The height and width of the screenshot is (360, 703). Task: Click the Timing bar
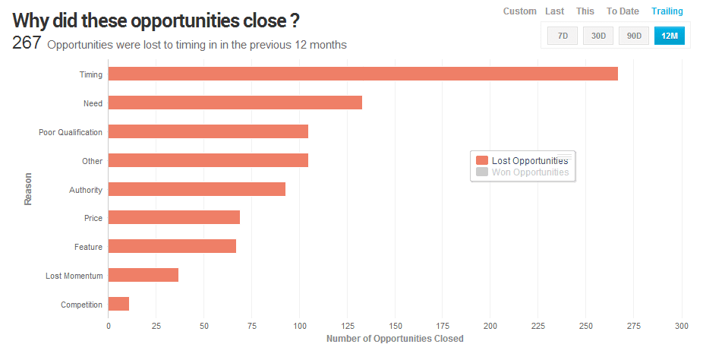pyautogui.click(x=363, y=74)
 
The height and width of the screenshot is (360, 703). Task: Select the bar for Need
pyautogui.click(x=235, y=103)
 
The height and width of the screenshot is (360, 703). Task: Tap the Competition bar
pyautogui.click(x=118, y=304)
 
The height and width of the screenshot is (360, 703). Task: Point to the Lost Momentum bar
pyautogui.click(x=143, y=275)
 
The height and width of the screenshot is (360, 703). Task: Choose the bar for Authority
pyautogui.click(x=197, y=189)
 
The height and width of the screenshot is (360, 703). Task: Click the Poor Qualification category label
pyautogui.click(x=71, y=132)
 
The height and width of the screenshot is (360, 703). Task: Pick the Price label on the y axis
pyautogui.click(x=93, y=218)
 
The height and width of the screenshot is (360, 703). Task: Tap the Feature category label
pyautogui.click(x=88, y=247)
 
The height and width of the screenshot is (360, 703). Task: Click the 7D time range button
pyautogui.click(x=563, y=36)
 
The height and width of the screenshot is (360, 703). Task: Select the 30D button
pyautogui.click(x=598, y=36)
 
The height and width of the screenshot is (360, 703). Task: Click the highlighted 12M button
pyautogui.click(x=670, y=36)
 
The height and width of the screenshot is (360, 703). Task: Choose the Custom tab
pyautogui.click(x=520, y=11)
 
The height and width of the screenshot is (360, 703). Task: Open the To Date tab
pyautogui.click(x=623, y=11)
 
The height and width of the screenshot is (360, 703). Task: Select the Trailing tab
pyautogui.click(x=667, y=11)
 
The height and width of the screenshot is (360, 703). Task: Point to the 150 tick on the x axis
pyautogui.click(x=395, y=326)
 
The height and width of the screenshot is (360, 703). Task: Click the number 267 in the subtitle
pyautogui.click(x=27, y=43)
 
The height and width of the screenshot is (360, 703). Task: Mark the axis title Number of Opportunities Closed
pyautogui.click(x=395, y=339)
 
